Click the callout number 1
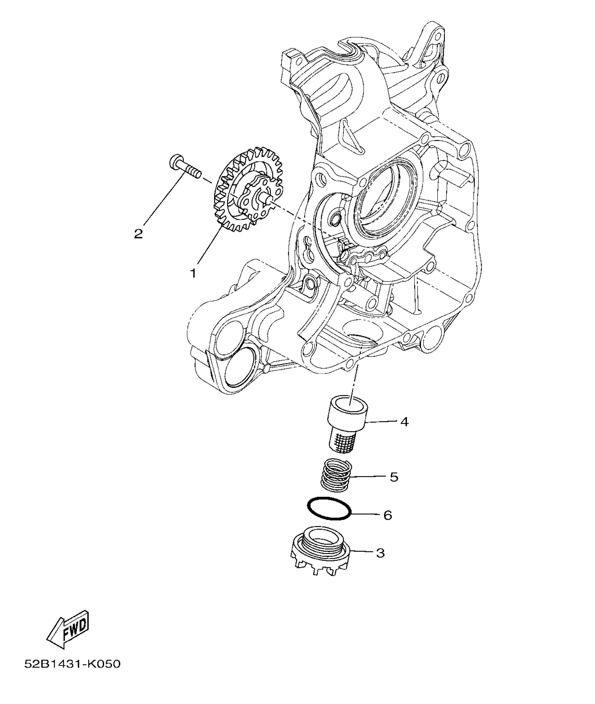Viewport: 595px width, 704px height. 193,273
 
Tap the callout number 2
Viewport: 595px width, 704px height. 138,233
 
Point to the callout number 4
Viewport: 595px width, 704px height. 405,422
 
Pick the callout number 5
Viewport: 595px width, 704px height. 394,477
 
